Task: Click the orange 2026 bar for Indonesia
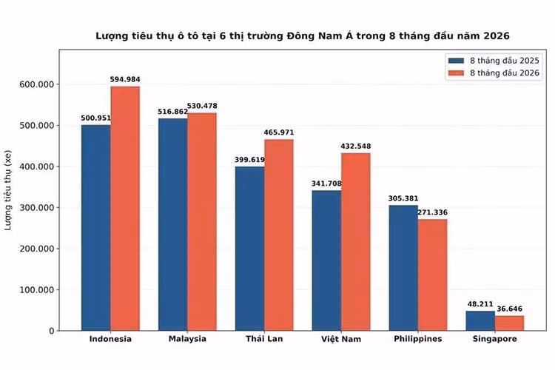pyautogui.click(x=125, y=209)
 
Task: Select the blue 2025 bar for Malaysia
pyautogui.click(x=173, y=224)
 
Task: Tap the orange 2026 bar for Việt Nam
pyautogui.click(x=356, y=242)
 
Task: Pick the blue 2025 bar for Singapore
pyautogui.click(x=480, y=320)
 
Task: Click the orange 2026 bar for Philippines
pyautogui.click(x=433, y=275)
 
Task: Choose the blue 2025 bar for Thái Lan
pyautogui.click(x=250, y=249)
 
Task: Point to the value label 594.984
pyautogui.click(x=125, y=79)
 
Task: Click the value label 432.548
pyautogui.click(x=356, y=147)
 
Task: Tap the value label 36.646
pyautogui.click(x=509, y=309)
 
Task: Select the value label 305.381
pyautogui.click(x=403, y=198)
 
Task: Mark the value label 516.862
pyautogui.click(x=172, y=112)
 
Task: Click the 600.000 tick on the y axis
pyautogui.click(x=37, y=84)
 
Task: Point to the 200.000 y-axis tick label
pyautogui.click(x=37, y=249)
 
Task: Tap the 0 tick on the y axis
pyautogui.click(x=52, y=331)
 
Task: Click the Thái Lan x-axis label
pyautogui.click(x=264, y=339)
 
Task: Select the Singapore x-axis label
pyautogui.click(x=495, y=339)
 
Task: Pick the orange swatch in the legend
pyautogui.click(x=457, y=73)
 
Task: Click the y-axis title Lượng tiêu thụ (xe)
pyautogui.click(x=8, y=190)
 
